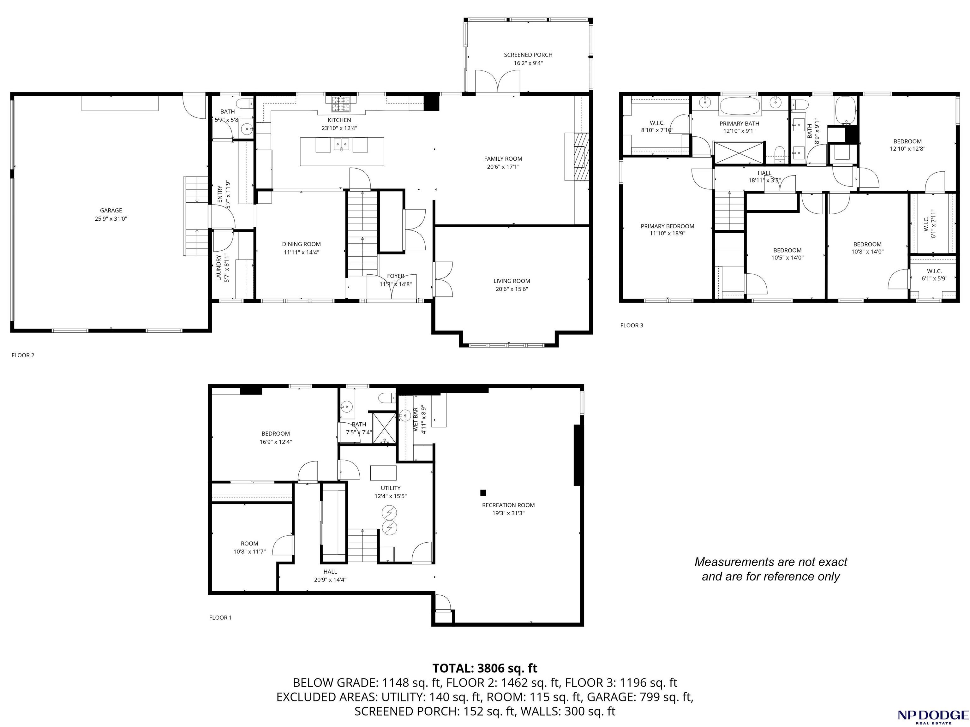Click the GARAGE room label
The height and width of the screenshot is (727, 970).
pyautogui.click(x=111, y=211)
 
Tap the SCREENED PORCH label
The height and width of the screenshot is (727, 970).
pyautogui.click(x=528, y=55)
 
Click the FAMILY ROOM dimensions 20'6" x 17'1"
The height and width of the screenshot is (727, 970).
pyautogui.click(x=503, y=167)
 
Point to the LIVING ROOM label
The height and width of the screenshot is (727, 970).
pyautogui.click(x=512, y=281)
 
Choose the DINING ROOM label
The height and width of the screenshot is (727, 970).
pyautogui.click(x=301, y=244)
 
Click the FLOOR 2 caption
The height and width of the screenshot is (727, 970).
pyautogui.click(x=23, y=355)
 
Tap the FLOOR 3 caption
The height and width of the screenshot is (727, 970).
pyautogui.click(x=632, y=325)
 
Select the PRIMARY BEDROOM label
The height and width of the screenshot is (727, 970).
pyautogui.click(x=668, y=226)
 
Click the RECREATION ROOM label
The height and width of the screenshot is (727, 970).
pyautogui.click(x=508, y=505)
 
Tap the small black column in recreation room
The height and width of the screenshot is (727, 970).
pyautogui.click(x=483, y=492)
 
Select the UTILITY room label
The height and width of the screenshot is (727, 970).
pyautogui.click(x=390, y=488)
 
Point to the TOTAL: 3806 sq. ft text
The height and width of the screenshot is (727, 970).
pyautogui.click(x=485, y=668)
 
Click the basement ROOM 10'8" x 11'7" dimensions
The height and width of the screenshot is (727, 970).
pyautogui.click(x=249, y=551)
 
